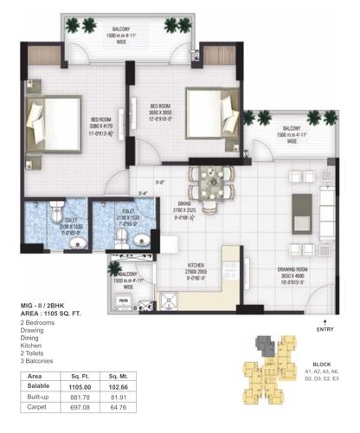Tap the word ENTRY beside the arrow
pyautogui.click(x=325, y=329)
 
